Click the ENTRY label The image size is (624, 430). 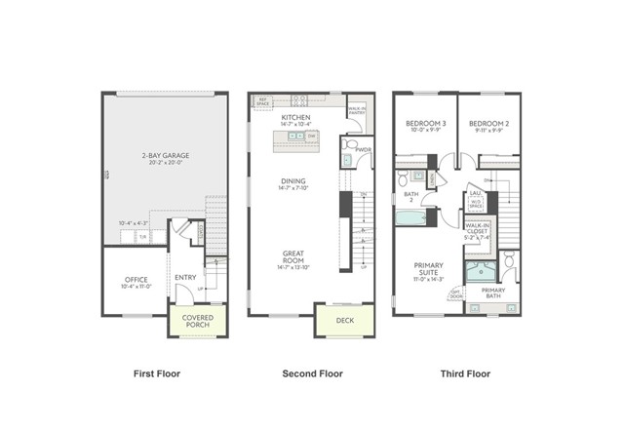coord(185,278)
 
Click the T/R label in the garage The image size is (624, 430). coord(142,237)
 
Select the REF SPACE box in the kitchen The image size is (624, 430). coord(262,99)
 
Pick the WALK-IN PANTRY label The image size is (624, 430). coord(357,110)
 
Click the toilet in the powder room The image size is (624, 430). coord(349,160)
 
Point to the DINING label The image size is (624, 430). coord(293,180)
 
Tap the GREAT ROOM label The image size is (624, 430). coord(293,257)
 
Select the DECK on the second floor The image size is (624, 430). coord(344,320)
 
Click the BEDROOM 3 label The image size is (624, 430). coord(426,124)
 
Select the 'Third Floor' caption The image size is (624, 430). coord(465,373)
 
